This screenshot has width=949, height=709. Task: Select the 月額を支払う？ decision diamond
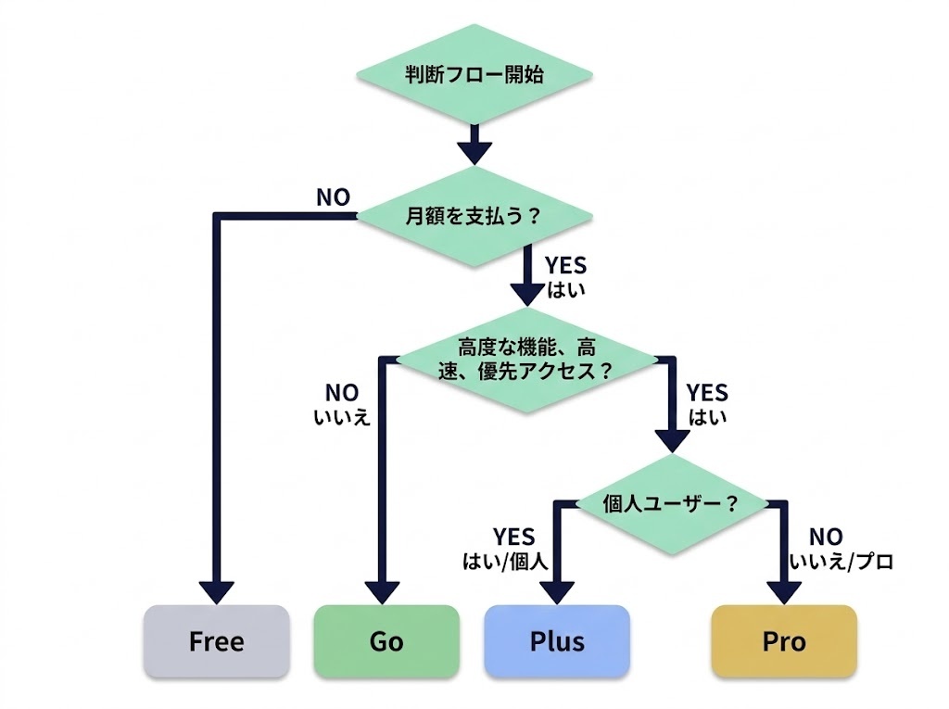[x=474, y=217]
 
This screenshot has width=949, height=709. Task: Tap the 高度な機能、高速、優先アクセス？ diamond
[x=526, y=359]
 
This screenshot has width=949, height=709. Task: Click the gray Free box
[x=216, y=641]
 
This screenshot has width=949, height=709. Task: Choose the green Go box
[x=386, y=641]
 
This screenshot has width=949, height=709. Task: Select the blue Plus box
[x=557, y=641]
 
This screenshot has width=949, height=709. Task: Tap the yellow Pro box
[x=784, y=641]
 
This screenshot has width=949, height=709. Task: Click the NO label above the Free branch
[x=333, y=197]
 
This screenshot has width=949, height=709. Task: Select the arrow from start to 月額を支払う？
[x=474, y=142]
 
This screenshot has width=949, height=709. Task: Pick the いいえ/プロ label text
[x=841, y=561]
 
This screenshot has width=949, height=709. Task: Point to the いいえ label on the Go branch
[x=341, y=417]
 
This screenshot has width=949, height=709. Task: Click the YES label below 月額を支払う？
[x=565, y=267]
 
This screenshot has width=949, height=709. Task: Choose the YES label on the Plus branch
[x=513, y=538]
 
